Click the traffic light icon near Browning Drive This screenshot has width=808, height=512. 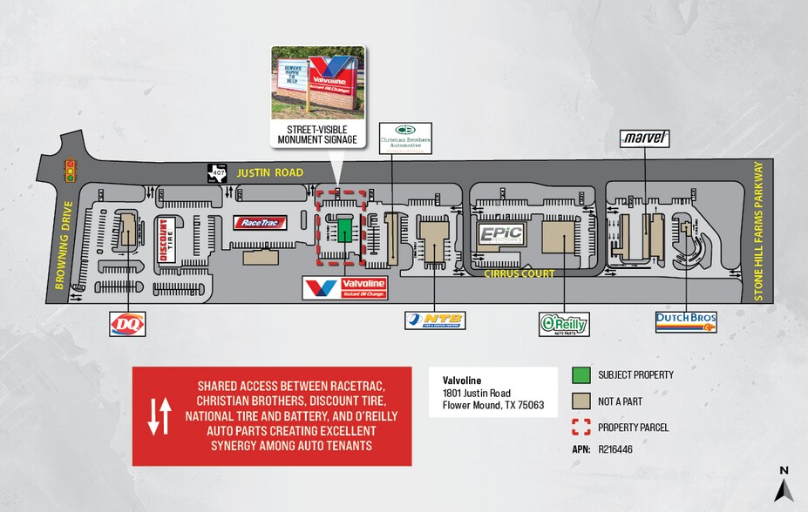[70, 171]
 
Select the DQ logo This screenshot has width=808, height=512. [127, 324]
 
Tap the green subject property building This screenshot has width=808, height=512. [345, 229]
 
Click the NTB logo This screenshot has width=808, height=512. [435, 320]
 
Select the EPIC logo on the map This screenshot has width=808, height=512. [500, 234]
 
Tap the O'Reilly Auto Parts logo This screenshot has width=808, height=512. [563, 324]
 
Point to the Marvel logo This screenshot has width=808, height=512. [645, 138]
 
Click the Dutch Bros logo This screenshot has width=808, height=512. [686, 322]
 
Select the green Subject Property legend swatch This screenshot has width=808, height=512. [580, 375]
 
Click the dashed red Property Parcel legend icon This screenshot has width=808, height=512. [580, 428]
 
